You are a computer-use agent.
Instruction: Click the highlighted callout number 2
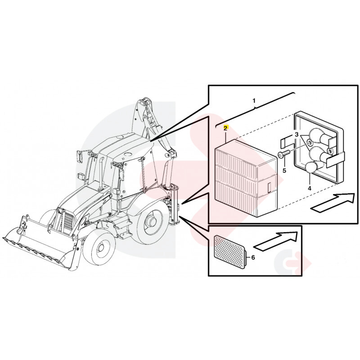[x=225, y=128]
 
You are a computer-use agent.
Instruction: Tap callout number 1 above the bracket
[x=254, y=100]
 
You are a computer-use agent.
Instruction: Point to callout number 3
[x=297, y=134]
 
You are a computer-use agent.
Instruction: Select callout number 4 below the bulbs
[x=310, y=188]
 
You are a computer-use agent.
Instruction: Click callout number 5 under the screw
[x=284, y=171]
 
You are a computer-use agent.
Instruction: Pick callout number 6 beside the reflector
[x=253, y=257]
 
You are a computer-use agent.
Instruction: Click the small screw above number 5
[x=284, y=154]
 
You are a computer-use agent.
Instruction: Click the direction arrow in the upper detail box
[x=333, y=202]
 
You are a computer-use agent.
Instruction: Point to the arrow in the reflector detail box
[x=276, y=241]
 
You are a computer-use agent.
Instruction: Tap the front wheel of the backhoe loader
[x=99, y=248]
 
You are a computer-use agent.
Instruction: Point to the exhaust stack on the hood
[x=101, y=172]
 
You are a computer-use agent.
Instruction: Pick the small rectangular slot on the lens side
[x=269, y=187]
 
